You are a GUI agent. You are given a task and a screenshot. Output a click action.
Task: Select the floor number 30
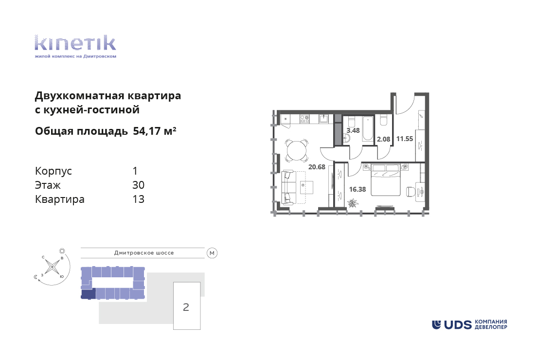138,185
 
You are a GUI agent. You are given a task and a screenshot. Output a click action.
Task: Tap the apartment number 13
138,199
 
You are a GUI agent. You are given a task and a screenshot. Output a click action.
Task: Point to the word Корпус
54,171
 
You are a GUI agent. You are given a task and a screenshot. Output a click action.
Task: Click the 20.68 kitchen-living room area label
317,167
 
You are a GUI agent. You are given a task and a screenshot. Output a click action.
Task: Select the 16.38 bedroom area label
358,189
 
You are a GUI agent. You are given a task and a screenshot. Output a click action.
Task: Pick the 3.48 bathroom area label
353,130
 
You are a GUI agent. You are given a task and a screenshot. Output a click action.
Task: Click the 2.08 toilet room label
384,140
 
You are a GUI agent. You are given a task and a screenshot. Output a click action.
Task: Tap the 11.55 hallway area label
405,139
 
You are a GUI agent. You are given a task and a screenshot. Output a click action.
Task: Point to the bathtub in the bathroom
368,128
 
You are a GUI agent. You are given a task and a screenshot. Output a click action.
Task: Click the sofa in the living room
288,187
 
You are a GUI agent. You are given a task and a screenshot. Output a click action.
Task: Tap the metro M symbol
212,253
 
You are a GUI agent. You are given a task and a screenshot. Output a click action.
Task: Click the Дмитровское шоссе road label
144,253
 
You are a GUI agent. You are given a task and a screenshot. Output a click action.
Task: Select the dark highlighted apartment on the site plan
88,293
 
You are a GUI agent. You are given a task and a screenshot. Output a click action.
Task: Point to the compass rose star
52,266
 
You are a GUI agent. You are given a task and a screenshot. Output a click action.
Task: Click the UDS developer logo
469,324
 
